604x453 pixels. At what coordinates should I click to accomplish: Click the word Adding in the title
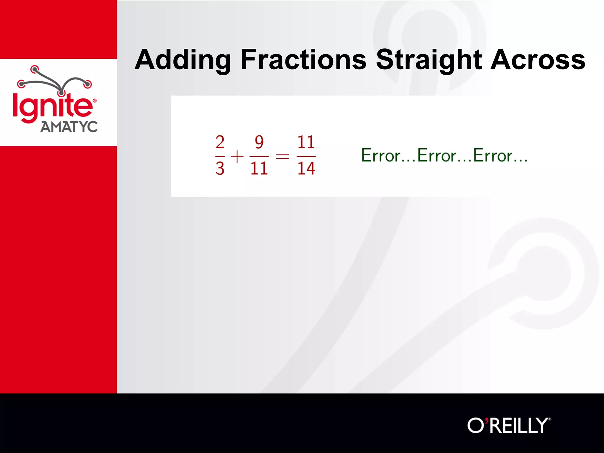(x=183, y=60)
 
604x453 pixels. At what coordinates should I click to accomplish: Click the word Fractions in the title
(x=303, y=60)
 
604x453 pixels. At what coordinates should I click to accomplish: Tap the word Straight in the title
(x=429, y=60)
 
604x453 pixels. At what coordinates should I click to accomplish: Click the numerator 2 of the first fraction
(x=220, y=142)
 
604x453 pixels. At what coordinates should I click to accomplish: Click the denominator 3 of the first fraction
(x=220, y=168)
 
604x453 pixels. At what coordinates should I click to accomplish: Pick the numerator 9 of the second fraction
(x=259, y=142)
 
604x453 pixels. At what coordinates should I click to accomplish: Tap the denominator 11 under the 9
(x=259, y=168)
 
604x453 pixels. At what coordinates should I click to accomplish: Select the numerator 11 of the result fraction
(x=306, y=142)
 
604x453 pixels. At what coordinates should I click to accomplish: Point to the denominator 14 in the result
(x=306, y=168)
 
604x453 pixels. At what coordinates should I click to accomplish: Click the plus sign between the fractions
(x=237, y=156)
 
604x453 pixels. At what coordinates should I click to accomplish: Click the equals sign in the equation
(x=283, y=156)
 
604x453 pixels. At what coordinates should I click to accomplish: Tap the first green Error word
(x=381, y=155)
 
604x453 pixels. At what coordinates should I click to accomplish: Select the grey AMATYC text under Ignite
(x=69, y=127)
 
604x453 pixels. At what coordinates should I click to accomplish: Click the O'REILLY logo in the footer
(x=509, y=425)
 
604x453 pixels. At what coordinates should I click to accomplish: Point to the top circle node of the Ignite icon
(x=35, y=70)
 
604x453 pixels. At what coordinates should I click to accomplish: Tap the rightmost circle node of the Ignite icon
(x=88, y=84)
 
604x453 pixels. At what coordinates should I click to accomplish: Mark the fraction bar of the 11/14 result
(x=306, y=156)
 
